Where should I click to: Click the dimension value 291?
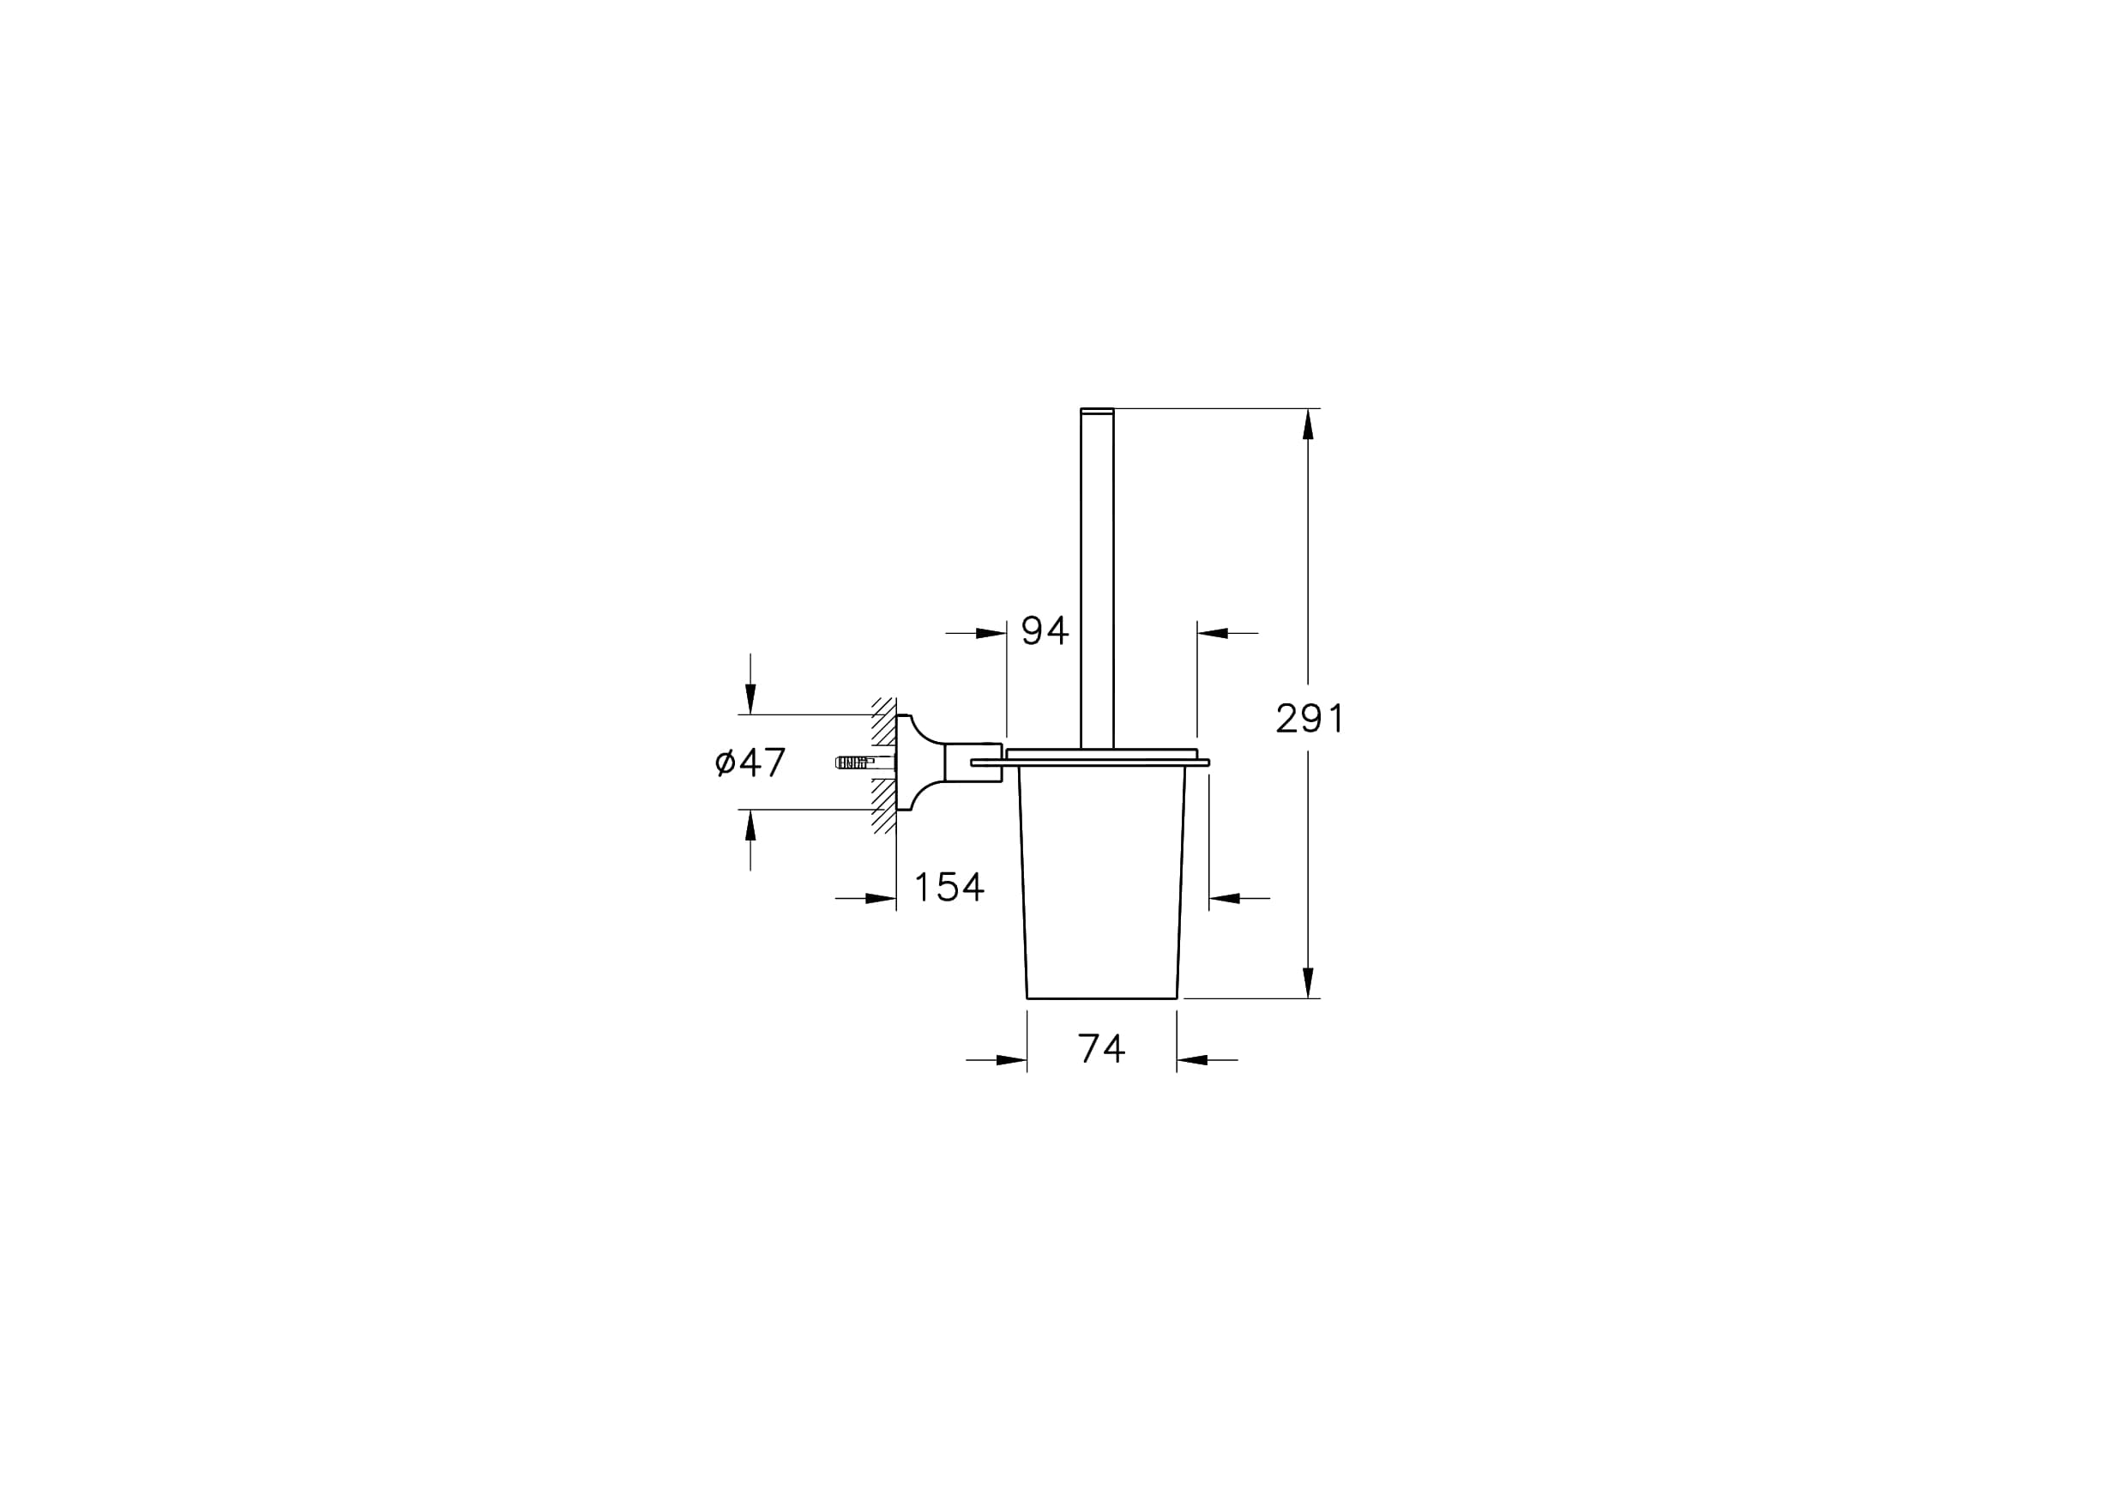click(1310, 718)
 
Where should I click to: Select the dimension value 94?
click(1045, 630)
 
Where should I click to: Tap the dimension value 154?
click(949, 887)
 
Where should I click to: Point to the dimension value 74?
click(1102, 1048)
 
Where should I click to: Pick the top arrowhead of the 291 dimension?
click(1308, 424)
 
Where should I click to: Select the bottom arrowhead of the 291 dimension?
click(1308, 982)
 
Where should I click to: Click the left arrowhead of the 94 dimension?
click(991, 633)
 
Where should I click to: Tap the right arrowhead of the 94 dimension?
click(1213, 633)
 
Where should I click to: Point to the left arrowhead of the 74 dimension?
click(1012, 1060)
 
